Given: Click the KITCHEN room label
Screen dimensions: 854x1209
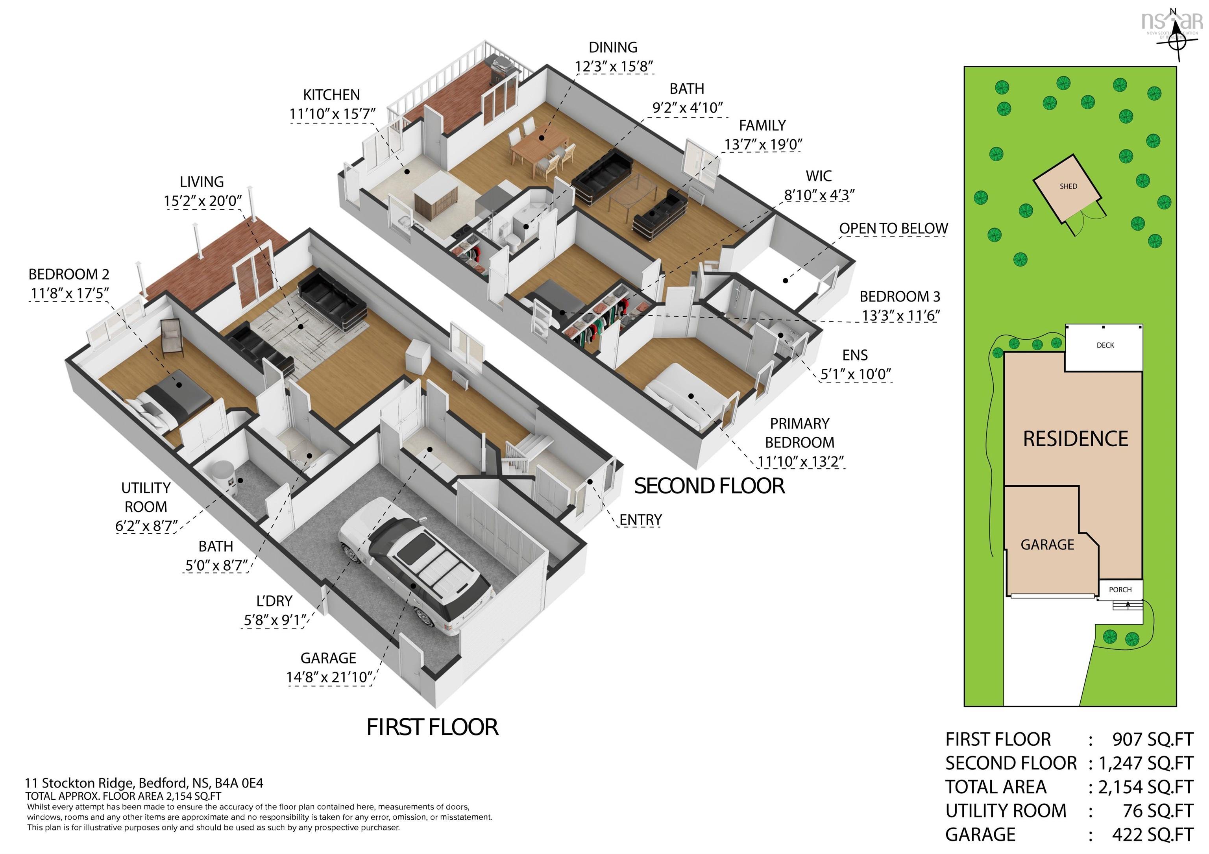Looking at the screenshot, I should click(331, 95).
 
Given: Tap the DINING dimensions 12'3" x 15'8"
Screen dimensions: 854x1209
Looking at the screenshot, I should click(614, 67).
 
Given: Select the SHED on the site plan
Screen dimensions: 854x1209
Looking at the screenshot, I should click(1068, 187).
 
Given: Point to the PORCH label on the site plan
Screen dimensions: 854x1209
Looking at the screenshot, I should click(1120, 590).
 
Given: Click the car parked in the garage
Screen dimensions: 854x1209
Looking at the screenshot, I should click(416, 566).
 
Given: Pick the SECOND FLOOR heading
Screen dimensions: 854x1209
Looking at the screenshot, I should click(709, 486).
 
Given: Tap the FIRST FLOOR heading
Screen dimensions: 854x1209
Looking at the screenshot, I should click(432, 727).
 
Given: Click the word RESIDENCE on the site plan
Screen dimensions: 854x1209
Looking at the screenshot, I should click(1075, 438).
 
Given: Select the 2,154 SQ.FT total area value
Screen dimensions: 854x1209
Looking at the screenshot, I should click(1145, 787).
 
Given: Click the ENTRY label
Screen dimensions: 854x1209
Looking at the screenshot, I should click(640, 519).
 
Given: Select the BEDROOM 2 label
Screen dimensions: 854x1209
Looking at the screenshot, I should click(69, 274).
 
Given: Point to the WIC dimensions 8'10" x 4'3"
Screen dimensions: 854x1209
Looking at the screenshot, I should click(819, 195).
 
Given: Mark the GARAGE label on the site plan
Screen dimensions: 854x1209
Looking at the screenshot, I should click(1047, 544).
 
